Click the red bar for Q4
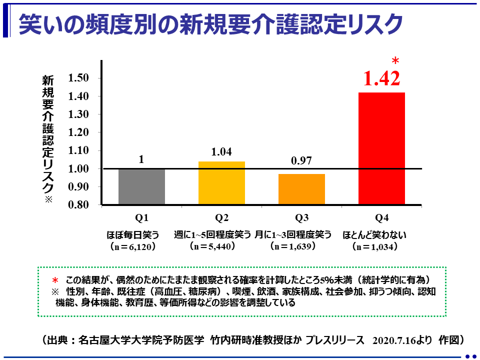381,148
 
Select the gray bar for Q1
141,186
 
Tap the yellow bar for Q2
221,183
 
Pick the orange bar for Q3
301,189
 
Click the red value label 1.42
381,78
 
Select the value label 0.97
301,160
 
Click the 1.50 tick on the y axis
79,78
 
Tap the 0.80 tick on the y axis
79,205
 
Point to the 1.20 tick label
79,132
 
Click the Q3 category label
301,217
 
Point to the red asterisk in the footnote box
56,280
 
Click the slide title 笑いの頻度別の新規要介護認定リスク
210,24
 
